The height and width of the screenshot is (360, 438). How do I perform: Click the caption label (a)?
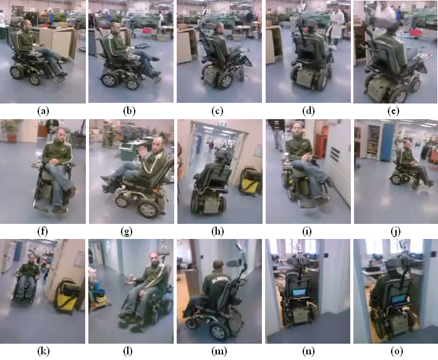click(x=43, y=111)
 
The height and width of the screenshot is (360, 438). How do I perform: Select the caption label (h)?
click(x=218, y=231)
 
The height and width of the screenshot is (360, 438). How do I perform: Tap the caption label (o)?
click(x=395, y=351)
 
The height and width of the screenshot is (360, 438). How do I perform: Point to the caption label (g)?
click(x=127, y=231)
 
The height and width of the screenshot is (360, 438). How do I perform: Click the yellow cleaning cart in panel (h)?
click(x=250, y=181)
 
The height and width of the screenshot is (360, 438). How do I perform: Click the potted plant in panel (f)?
click(x=11, y=130)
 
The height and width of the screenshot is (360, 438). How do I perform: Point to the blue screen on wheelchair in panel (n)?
click(x=300, y=293)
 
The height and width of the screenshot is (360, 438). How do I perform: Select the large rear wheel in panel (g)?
click(x=149, y=208)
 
